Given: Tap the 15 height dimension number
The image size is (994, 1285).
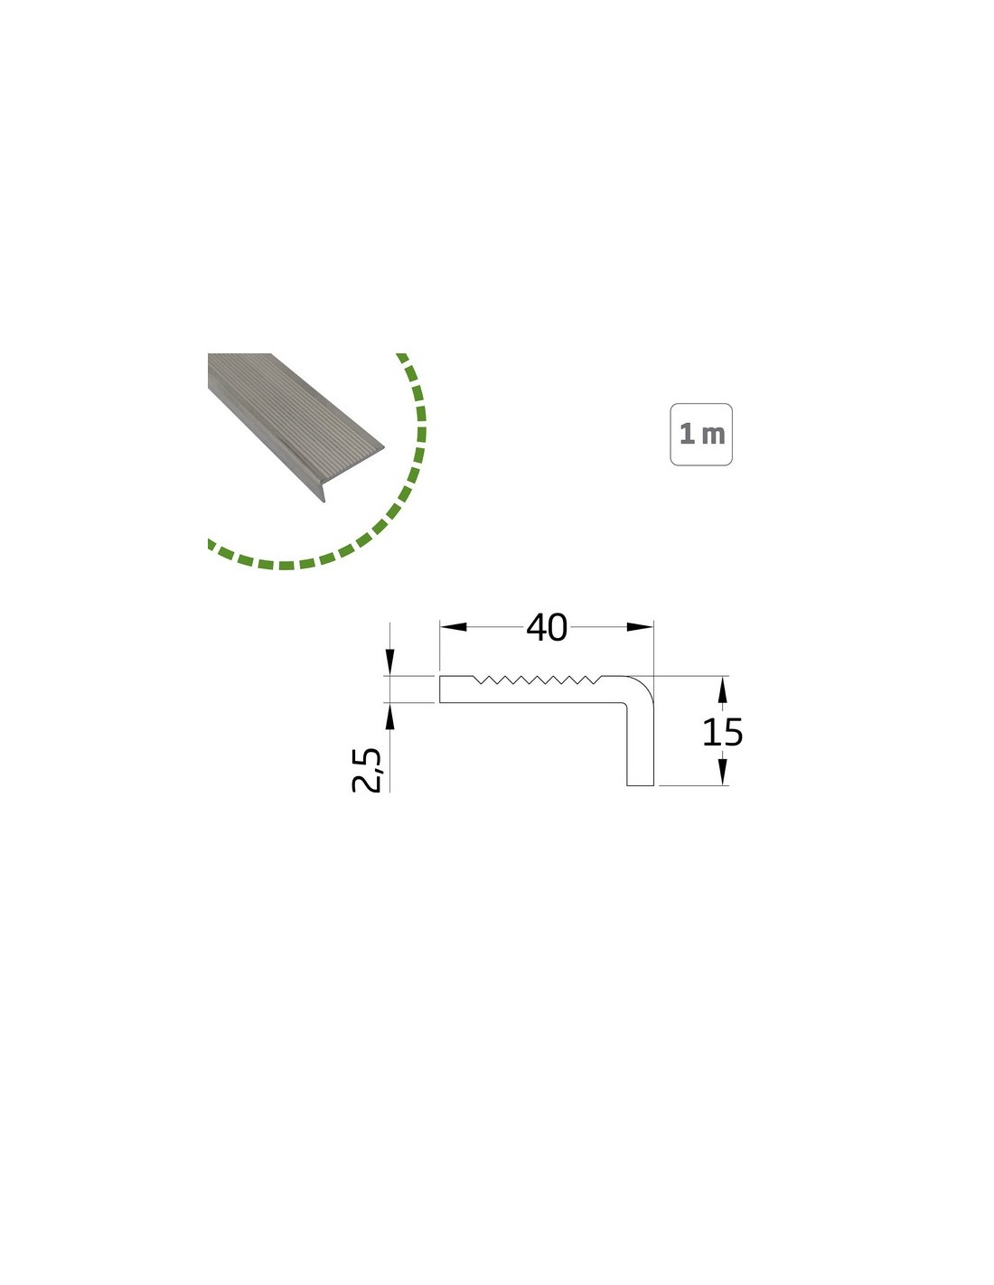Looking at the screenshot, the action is pyautogui.click(x=721, y=733).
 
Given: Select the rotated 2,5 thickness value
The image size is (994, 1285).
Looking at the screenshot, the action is pyautogui.click(x=367, y=771).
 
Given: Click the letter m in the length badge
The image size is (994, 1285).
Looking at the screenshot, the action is pyautogui.click(x=713, y=436).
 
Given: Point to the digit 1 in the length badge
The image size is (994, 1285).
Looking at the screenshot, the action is pyautogui.click(x=687, y=434).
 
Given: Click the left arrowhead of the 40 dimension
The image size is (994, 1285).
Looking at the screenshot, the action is pyautogui.click(x=454, y=627).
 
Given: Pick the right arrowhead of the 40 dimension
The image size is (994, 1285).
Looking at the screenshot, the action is pyautogui.click(x=640, y=627).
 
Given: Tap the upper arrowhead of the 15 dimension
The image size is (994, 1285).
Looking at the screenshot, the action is pyautogui.click(x=722, y=689).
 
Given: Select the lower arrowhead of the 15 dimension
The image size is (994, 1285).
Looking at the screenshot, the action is pyautogui.click(x=722, y=773).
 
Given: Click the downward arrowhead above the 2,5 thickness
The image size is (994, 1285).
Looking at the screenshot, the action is pyautogui.click(x=389, y=661).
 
